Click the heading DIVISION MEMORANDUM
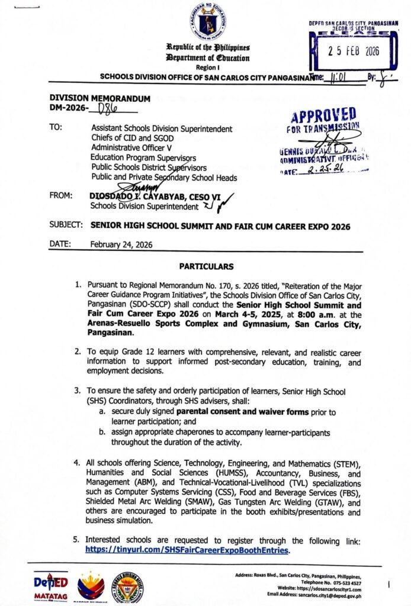(x=99, y=98)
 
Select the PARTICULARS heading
(x=205, y=266)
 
